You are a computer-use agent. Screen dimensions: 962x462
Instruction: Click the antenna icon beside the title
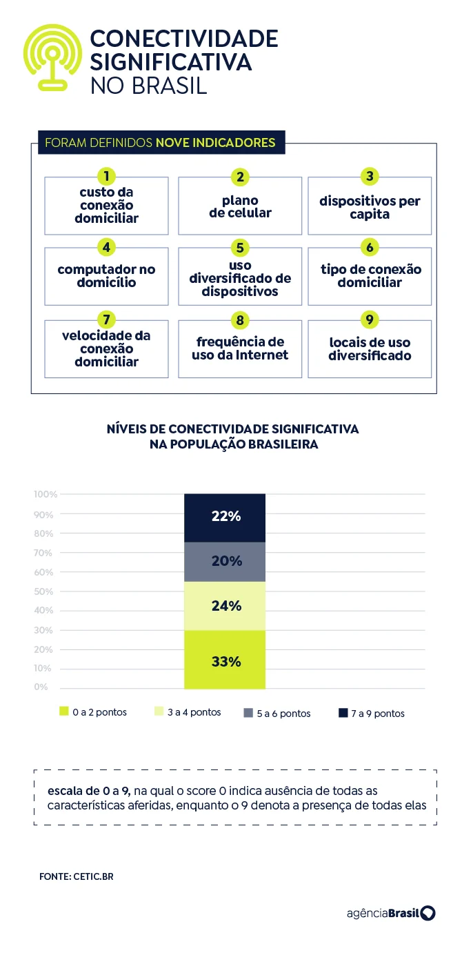[53, 58]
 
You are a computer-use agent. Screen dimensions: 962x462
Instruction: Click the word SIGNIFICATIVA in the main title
[170, 61]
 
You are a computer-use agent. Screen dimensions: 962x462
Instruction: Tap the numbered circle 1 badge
[106, 177]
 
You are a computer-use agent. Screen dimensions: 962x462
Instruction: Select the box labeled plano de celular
[240, 206]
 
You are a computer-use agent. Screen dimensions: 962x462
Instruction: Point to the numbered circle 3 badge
[370, 177]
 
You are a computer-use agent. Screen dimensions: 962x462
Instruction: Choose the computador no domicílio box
[106, 276]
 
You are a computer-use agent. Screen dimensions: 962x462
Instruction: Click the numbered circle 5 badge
[240, 248]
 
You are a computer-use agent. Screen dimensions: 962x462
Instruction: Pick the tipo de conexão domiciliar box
[370, 276]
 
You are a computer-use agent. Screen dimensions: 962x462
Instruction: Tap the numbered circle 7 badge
[106, 320]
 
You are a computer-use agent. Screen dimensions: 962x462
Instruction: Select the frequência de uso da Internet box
[240, 349]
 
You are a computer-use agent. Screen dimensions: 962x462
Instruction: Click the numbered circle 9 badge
[370, 320]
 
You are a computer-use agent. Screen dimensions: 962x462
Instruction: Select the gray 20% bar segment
[225, 562]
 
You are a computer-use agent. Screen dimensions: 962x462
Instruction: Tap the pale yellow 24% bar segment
[225, 606]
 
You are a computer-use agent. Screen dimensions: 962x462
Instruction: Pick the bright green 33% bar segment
[225, 661]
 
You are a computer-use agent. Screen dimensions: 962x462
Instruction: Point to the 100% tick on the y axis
[45, 494]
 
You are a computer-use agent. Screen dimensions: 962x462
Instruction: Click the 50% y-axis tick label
[45, 591]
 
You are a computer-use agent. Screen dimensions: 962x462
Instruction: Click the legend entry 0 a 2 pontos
[93, 712]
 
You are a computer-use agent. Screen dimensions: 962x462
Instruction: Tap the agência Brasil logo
[390, 913]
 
